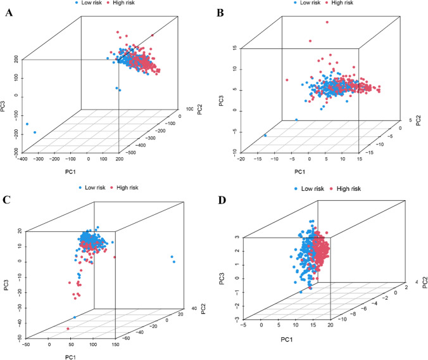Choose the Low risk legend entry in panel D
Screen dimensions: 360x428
tap(312, 189)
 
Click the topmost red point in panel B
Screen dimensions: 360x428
tap(327, 22)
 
